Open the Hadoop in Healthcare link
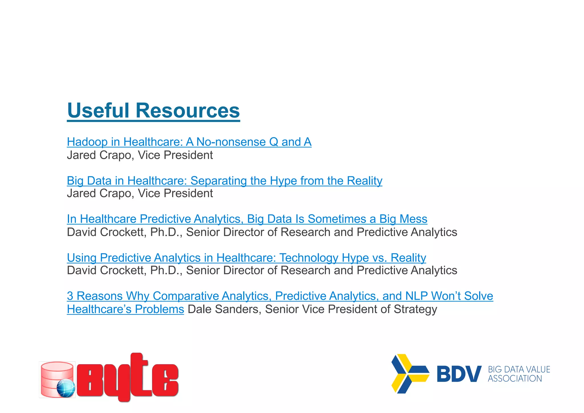pos(189,142)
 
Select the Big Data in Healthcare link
pos(224,181)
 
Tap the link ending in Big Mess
pos(247,219)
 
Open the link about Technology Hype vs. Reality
pos(246,258)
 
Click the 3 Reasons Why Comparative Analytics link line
pos(280,296)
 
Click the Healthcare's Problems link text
pos(125,309)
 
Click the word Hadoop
pos(87,142)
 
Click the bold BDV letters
pos(459,374)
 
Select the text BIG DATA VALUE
pos(519,369)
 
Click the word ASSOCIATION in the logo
pos(515,379)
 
